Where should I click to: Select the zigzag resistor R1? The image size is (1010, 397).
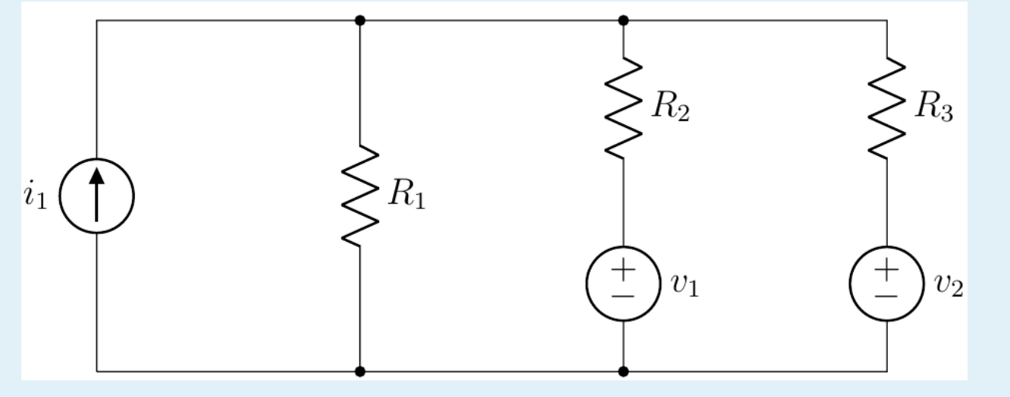[359, 195]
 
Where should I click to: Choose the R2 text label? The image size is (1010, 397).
[670, 108]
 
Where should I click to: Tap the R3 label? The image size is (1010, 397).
[934, 108]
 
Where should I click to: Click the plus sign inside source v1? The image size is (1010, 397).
[623, 270]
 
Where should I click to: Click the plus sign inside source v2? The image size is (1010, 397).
[887, 270]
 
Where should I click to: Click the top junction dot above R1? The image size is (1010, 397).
[359, 20]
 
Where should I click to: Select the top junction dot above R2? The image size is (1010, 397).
[623, 20]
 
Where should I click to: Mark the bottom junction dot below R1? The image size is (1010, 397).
[359, 371]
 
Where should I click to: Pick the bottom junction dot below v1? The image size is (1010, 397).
[623, 371]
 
